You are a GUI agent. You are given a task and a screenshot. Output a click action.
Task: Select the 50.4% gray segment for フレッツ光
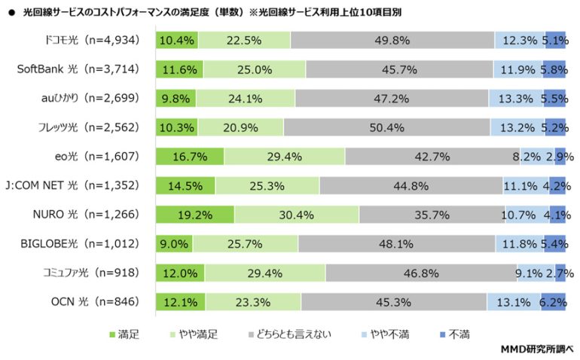tap(387, 127)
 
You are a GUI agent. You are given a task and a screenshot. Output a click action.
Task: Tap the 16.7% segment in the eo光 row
tap(190, 157)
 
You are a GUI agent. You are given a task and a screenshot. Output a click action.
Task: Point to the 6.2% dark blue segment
tap(553, 302)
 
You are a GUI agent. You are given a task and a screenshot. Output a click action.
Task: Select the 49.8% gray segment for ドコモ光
tap(392, 41)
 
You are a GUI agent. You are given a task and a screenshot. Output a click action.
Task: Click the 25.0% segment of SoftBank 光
tap(254, 69)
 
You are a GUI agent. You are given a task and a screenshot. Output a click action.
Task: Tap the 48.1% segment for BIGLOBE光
tap(396, 244)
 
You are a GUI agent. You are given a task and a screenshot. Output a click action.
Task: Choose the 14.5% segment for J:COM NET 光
tap(185, 185)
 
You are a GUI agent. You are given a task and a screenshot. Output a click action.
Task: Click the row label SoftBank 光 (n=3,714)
tap(78, 69)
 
